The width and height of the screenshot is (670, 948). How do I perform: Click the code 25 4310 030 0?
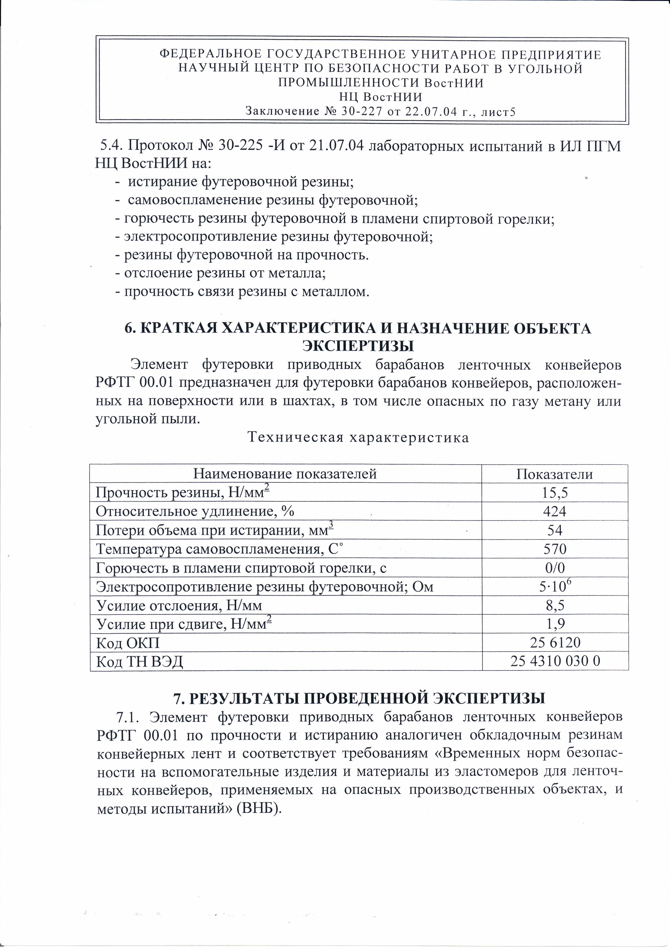point(555,662)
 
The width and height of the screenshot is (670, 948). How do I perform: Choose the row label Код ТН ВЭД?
point(139,662)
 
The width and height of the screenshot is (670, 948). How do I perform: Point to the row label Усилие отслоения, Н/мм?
point(179,605)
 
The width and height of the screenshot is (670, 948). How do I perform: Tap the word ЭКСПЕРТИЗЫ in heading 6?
point(358,345)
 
